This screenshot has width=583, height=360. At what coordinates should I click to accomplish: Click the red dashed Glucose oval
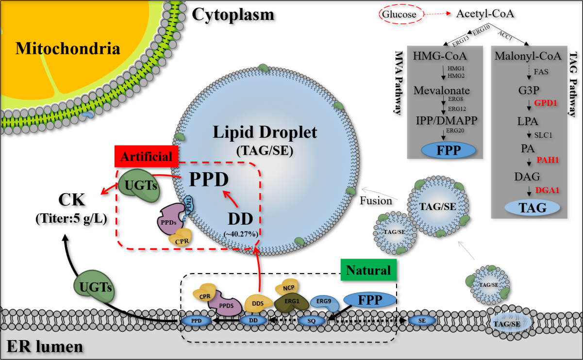tap(399, 14)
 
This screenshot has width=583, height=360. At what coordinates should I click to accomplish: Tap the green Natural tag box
tap(368, 270)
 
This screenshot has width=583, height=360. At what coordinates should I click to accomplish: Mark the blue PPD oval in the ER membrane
tap(196, 321)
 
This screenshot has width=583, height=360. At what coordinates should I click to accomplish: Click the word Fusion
tap(375, 200)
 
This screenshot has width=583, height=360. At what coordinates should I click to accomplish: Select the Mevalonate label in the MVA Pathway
tap(441, 90)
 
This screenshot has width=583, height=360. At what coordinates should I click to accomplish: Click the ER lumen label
tap(44, 346)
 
